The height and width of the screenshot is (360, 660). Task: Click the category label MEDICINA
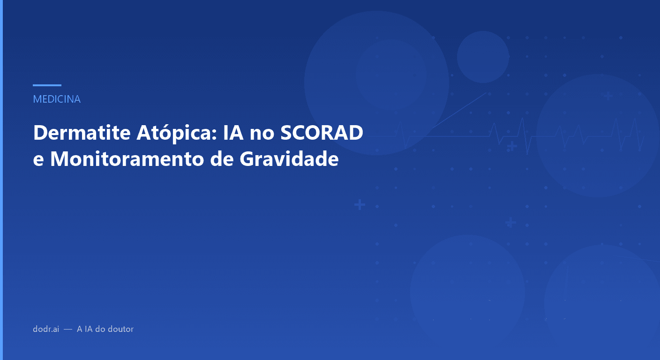coord(57,99)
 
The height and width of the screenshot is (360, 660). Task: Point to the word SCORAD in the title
coord(322,133)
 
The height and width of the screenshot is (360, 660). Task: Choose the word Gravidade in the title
coord(289,159)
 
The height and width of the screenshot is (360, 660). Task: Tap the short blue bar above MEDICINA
coord(47,85)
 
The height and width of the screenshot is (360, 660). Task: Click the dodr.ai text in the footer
coord(46,329)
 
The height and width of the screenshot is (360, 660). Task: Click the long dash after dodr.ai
coord(68,329)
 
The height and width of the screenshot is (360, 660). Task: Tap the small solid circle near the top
coord(483,57)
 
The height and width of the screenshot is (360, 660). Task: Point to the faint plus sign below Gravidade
coord(360,205)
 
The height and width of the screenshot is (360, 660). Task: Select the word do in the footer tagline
coord(100,329)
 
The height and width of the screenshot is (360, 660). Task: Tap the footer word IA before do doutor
coord(87,329)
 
